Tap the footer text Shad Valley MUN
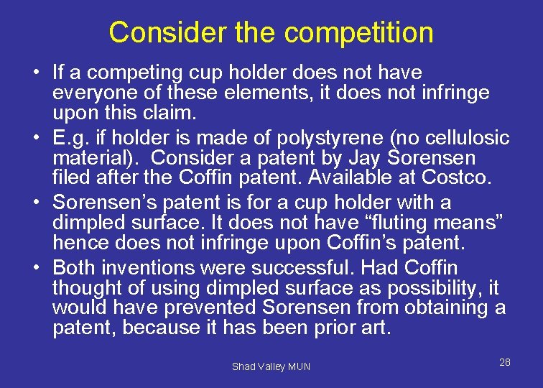[x=271, y=366]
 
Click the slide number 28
[x=504, y=362]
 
